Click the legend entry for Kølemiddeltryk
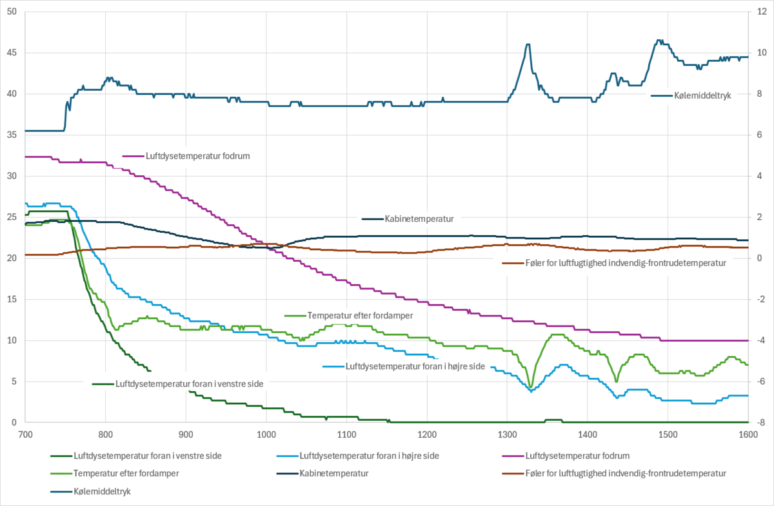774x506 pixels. (x=93, y=491)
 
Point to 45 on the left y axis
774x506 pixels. (x=11, y=53)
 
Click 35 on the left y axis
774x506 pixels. (x=11, y=135)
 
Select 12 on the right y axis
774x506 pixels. (x=761, y=12)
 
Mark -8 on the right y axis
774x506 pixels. (x=761, y=423)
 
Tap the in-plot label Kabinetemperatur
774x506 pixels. (x=419, y=219)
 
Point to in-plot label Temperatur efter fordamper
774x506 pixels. (x=360, y=315)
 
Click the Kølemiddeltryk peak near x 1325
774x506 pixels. (x=528, y=44)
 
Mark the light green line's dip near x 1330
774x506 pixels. (x=531, y=387)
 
